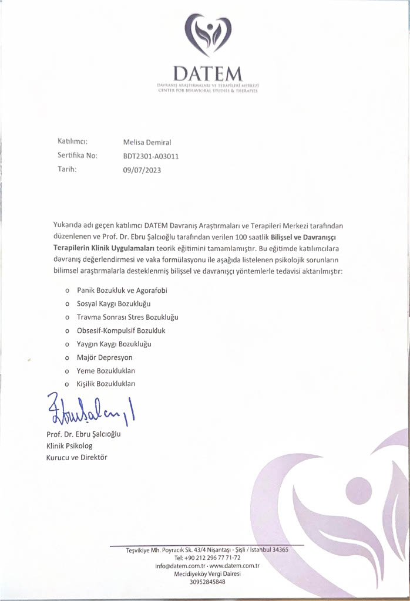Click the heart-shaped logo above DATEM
coord(208,35)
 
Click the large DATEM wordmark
coord(208,74)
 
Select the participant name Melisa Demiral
coord(147,143)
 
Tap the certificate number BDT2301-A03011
coord(151,156)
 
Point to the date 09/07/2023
coord(142,170)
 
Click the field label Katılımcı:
coord(72,142)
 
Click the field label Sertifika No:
coord(77,156)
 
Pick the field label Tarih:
coord(68,169)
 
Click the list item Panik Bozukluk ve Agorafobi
coord(126,290)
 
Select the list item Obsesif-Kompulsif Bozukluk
coord(121,330)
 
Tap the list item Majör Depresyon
coord(105,357)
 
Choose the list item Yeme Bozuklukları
coord(106,371)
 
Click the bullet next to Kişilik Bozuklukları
coord(68,384)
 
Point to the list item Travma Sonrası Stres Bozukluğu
coord(127,317)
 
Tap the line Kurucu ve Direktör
coord(77,457)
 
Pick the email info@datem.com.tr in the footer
coord(180,566)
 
